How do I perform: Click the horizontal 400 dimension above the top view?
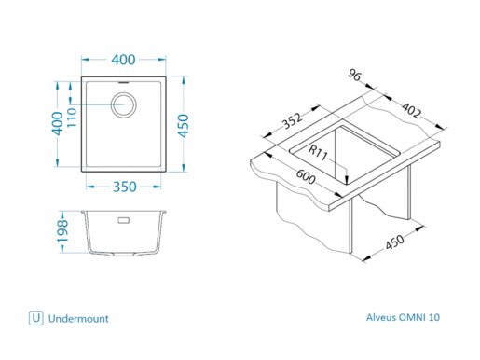click(x=124, y=60)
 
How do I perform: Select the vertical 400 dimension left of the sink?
click(x=57, y=121)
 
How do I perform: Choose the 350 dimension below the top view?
click(x=124, y=187)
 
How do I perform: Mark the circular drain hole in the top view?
click(x=124, y=103)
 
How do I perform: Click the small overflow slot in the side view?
click(x=123, y=222)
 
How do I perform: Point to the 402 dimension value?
click(x=410, y=113)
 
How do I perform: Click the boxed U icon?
click(x=36, y=318)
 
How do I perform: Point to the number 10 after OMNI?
click(x=435, y=318)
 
